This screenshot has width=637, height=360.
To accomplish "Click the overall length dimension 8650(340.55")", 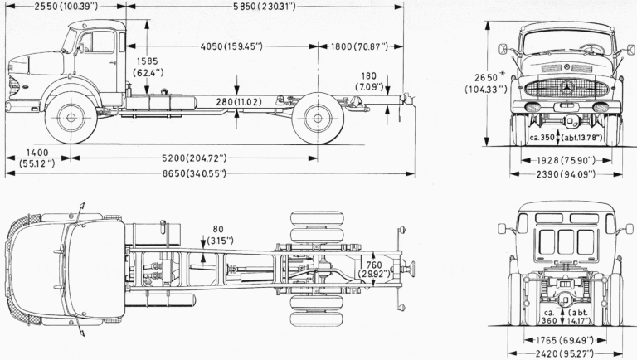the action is [194, 174].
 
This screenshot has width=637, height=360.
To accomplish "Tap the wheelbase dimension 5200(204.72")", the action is [194, 158].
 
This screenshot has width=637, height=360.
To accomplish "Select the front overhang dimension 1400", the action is [37, 153].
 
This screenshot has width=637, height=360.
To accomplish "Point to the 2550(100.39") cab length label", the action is [66, 7].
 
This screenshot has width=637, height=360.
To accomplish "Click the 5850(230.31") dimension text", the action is [265, 7].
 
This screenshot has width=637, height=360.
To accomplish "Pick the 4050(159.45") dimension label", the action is [231, 46].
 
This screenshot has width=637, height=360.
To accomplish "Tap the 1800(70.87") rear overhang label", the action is [359, 46].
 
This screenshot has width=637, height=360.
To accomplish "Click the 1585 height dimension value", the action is [147, 61].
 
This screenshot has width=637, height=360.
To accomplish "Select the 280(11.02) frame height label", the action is [239, 102].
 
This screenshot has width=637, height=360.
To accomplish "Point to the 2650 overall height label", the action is [486, 78].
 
